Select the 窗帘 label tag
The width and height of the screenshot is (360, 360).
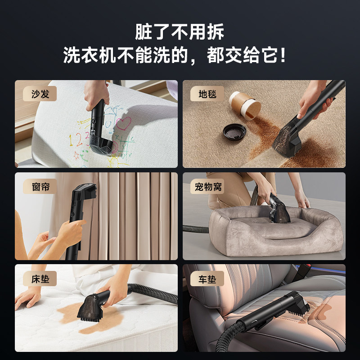coord(37,187)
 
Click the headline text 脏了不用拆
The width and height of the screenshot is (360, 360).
coord(180,32)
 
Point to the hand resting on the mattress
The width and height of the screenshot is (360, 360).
coord(28,298)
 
